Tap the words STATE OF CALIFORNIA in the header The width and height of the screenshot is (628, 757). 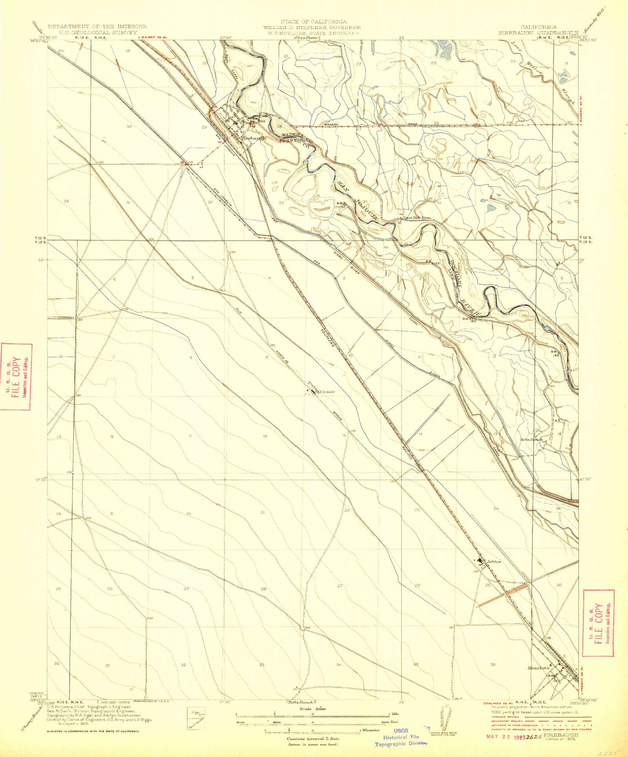[x=313, y=21]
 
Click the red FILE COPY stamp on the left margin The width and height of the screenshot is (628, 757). [x=16, y=377]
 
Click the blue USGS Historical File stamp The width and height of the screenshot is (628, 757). [x=401, y=737]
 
